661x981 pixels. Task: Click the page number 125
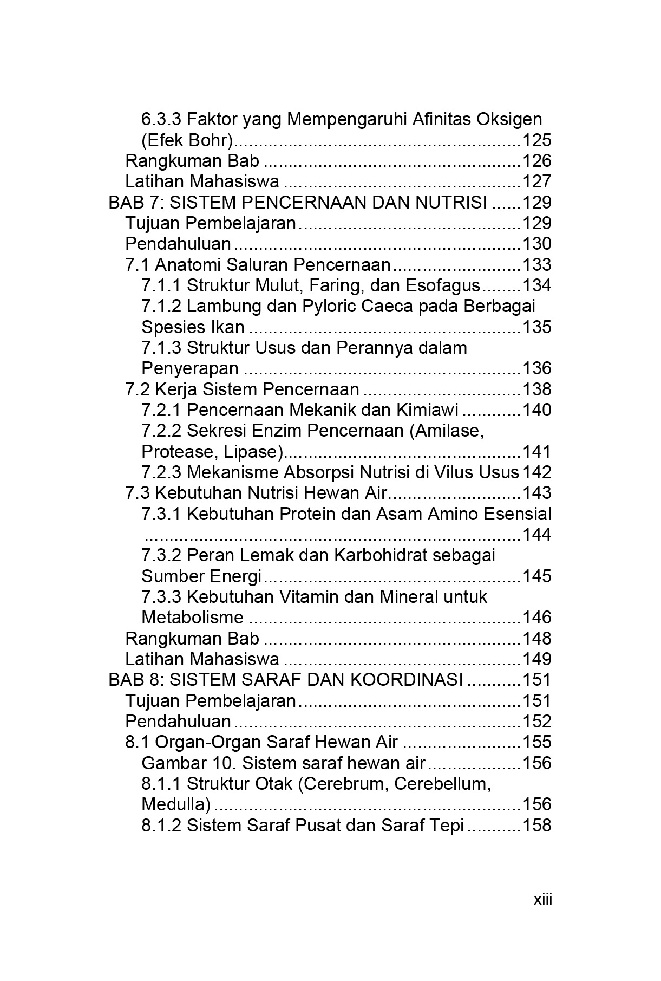coord(536,140)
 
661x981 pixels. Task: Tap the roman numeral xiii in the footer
coord(542,900)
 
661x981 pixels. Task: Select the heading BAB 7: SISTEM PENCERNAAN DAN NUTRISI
coord(298,203)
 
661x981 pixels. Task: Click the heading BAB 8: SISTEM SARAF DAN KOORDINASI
coord(286,680)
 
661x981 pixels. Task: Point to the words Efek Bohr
coord(187,140)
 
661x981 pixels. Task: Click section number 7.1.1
coord(161,285)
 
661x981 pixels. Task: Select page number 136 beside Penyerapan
coord(536,368)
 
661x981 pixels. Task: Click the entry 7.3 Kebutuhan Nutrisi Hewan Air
coord(257,493)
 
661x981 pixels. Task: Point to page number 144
coord(536,535)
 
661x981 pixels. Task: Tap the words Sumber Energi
coord(201,576)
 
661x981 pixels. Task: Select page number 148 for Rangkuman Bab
coord(536,639)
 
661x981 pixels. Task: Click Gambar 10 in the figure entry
coord(188,763)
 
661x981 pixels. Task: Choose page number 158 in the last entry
coord(536,826)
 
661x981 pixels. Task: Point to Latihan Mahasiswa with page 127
coord(202,181)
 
